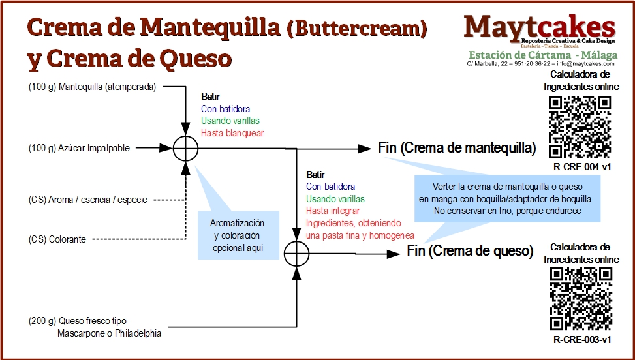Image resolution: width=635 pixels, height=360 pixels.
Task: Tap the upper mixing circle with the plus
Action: pos(186,149)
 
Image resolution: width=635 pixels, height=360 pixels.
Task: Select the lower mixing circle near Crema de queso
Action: pos(297,252)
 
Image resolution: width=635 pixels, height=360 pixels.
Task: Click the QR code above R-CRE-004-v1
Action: pos(580,127)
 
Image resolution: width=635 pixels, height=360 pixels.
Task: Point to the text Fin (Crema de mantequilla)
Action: pos(457,148)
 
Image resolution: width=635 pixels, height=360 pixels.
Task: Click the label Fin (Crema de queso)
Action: pos(470,250)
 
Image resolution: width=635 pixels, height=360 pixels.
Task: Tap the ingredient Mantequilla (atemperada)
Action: pos(92,86)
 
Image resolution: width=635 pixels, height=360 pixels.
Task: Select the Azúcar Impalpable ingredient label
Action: pos(79,148)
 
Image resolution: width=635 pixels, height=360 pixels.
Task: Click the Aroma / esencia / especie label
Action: pos(88,199)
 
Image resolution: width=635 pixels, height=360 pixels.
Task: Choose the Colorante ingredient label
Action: pos(57,239)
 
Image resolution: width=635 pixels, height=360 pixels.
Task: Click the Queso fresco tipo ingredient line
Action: pos(78,321)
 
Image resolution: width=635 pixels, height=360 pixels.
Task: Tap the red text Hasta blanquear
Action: pos(232,132)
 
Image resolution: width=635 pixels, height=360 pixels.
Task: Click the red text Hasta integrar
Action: pos(333,211)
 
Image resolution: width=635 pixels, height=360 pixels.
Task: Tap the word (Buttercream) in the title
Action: pos(356,28)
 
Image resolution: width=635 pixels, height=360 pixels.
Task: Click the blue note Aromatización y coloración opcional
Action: pos(236,235)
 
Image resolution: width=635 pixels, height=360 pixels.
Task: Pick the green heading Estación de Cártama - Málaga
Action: pos(542,54)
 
